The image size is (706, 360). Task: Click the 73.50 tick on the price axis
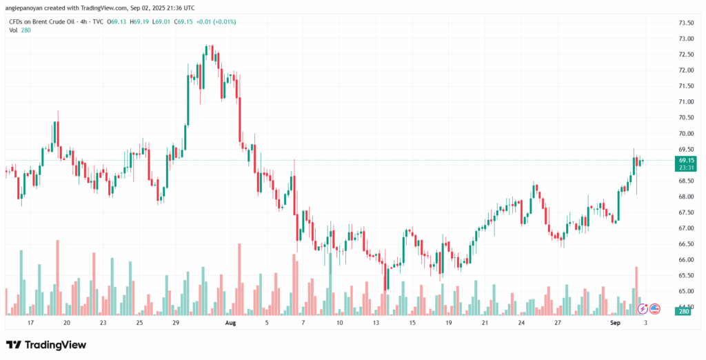point(685,23)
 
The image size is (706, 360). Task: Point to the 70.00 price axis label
point(685,133)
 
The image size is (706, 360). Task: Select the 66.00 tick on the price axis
point(685,260)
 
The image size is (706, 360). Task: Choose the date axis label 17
point(30,322)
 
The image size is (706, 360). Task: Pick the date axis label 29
point(176,322)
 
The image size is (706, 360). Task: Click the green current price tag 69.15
point(686,160)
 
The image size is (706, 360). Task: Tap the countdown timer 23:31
point(686,168)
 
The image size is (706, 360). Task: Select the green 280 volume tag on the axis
point(684,311)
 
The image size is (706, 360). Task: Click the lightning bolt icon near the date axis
point(643,309)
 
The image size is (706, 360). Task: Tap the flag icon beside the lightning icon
point(655,309)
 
